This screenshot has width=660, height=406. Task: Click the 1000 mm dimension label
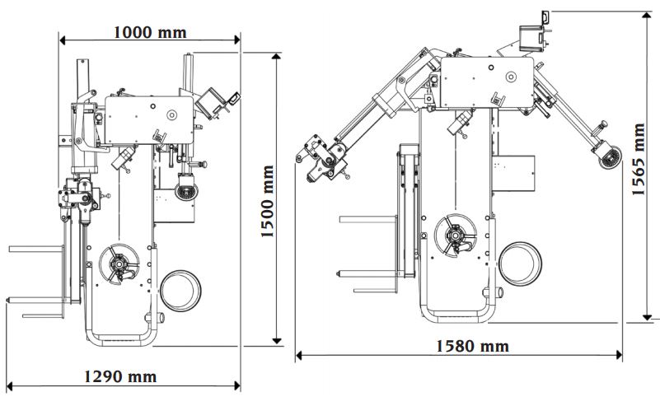tap(150, 32)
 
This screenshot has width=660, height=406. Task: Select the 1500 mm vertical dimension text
tap(267, 201)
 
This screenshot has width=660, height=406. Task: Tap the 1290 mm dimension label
tap(120, 376)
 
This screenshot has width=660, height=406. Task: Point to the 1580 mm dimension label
tap(472, 346)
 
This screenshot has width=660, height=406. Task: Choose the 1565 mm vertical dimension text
tap(638, 159)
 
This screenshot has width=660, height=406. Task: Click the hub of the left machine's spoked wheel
tap(119, 264)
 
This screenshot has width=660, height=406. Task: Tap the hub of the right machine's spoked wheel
tap(455, 234)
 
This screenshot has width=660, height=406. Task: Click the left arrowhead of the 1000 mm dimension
tap(63, 40)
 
